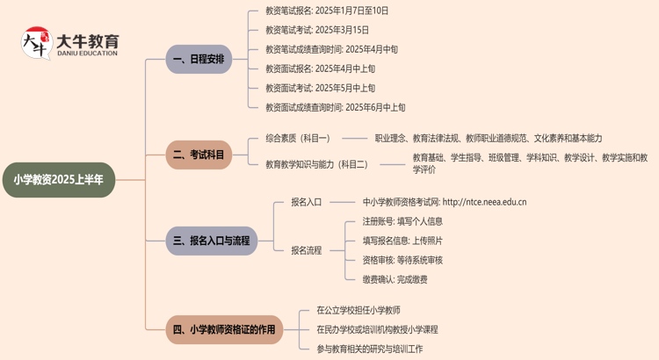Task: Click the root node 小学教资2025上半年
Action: [59, 180]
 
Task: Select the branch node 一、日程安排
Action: [199, 60]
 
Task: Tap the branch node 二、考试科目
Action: [199, 155]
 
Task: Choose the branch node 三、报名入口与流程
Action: [212, 241]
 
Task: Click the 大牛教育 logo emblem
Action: [36, 43]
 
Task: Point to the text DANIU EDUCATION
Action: [86, 54]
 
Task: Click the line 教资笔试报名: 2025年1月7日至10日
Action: [327, 11]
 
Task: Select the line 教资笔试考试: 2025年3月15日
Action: [317, 31]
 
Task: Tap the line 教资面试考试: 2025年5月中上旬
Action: [320, 88]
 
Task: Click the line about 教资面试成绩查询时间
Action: [335, 107]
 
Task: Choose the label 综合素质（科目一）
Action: [298, 138]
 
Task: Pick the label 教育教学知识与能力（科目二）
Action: [316, 164]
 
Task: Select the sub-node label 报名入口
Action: [307, 202]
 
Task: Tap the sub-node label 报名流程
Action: [307, 250]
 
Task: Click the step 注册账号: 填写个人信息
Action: [402, 221]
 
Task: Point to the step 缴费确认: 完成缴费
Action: [395, 279]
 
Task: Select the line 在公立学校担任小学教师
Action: [358, 311]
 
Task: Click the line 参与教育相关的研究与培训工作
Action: [369, 349]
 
